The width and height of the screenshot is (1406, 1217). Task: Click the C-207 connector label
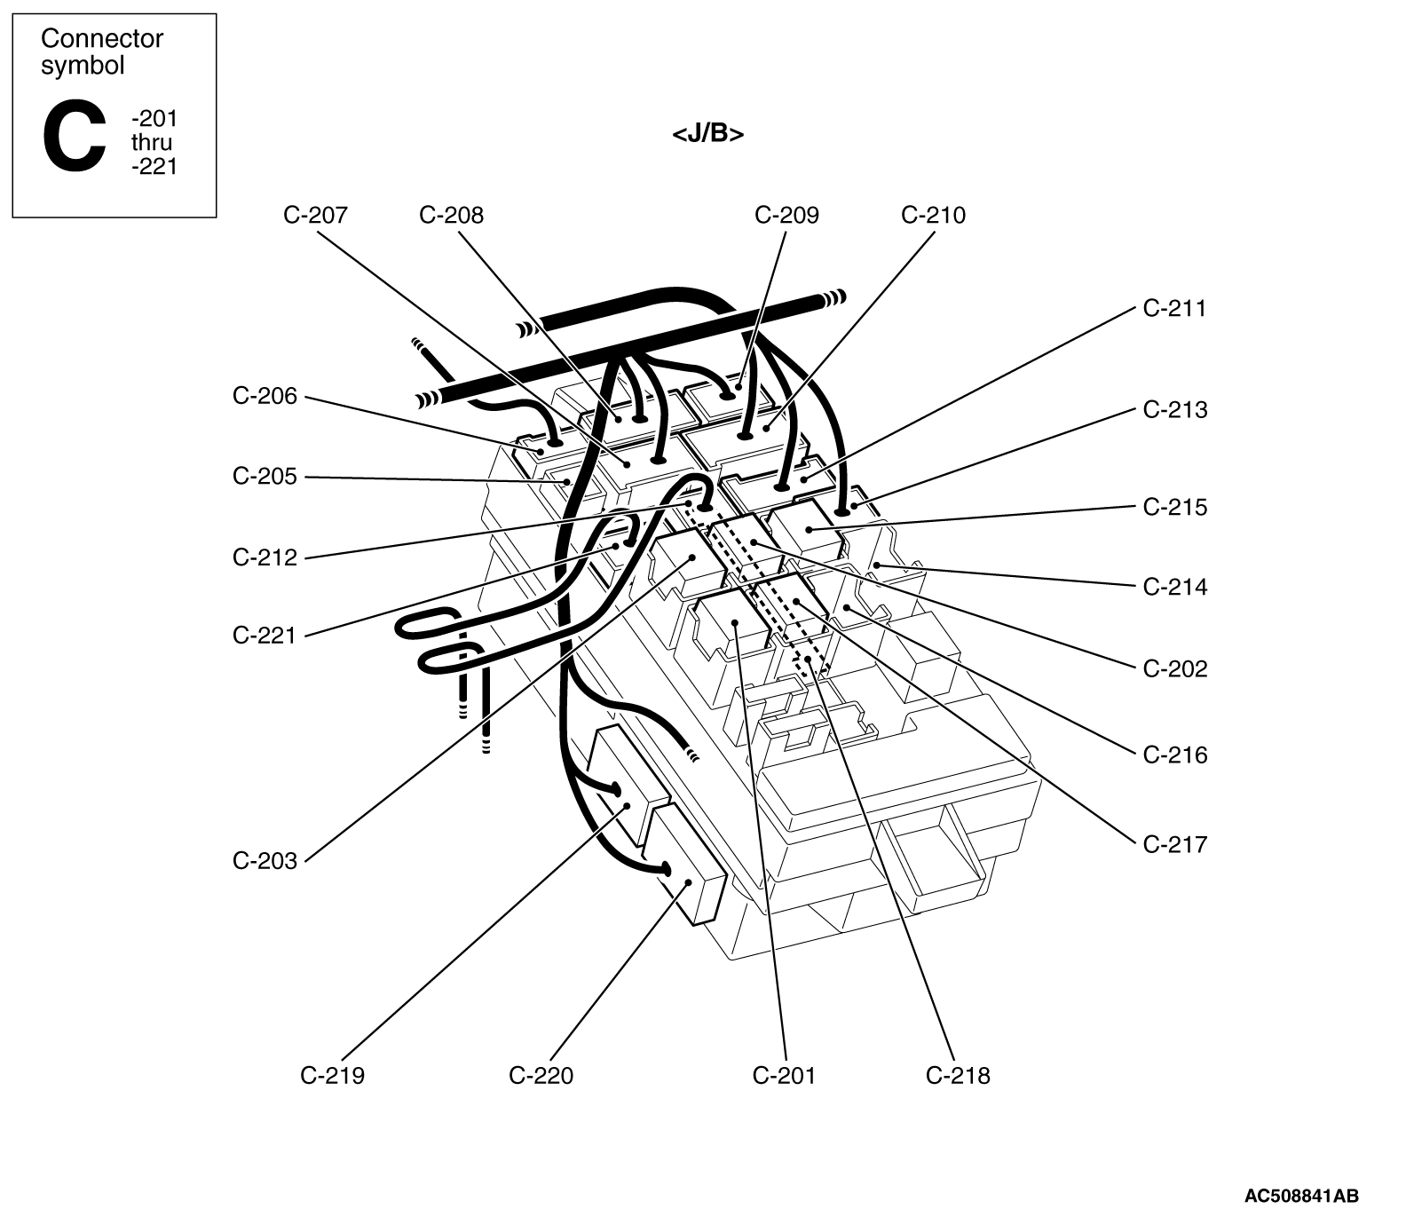point(316,215)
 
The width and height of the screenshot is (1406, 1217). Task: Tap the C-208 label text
point(451,215)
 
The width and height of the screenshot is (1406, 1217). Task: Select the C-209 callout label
point(786,215)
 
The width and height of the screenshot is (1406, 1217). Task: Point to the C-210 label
point(933,215)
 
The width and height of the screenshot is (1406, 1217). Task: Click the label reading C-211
point(1175,309)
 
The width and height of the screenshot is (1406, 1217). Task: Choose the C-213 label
point(1175,410)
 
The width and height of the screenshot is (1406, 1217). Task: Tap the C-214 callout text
point(1175,588)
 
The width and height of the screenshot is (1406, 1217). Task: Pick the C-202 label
point(1175,669)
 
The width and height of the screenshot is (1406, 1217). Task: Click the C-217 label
point(1175,844)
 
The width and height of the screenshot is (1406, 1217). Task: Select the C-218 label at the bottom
point(958,1076)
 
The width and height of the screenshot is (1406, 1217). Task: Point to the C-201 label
point(784,1076)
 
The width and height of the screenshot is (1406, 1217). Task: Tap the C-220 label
point(541,1076)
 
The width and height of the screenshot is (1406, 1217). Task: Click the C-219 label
point(332,1076)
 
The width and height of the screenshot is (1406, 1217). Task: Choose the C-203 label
point(265,861)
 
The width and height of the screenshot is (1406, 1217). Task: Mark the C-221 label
point(265,636)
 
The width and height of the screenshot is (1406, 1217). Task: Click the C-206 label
point(265,396)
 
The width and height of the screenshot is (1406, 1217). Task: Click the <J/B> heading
point(707,134)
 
